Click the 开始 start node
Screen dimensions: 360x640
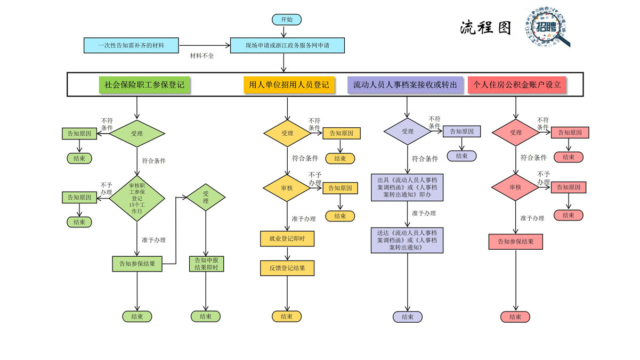coord(287,20)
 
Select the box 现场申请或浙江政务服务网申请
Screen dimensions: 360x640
coord(287,46)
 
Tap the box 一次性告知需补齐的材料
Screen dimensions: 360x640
coord(131,46)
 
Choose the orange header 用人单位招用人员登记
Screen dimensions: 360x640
coord(289,85)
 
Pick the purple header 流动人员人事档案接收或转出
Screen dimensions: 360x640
coord(405,85)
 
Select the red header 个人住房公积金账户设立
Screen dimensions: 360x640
coord(517,85)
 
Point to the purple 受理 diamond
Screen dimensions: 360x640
coord(408,132)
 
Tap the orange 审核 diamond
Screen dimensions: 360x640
coord(287,187)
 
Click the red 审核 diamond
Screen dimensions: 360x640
coord(515,187)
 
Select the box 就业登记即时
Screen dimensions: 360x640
coord(287,239)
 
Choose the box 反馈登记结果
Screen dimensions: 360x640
coord(287,268)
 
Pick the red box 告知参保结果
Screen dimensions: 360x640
coord(515,241)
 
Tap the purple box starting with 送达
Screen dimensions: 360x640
coord(407,240)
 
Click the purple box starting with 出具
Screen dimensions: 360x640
coord(407,187)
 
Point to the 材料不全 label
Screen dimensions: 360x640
coord(202,56)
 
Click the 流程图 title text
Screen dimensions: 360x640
coord(485,28)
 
